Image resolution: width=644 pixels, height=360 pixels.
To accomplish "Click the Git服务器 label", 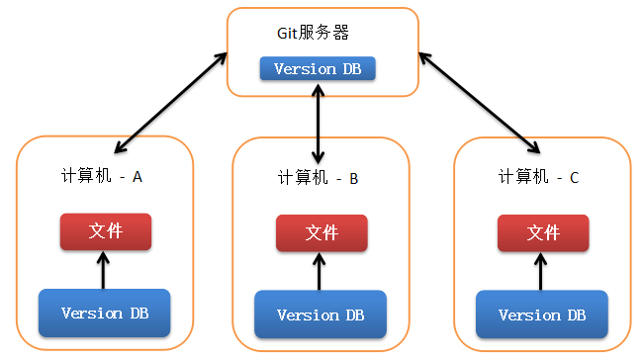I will (x=313, y=33).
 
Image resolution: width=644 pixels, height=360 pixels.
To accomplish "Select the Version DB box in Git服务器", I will (x=317, y=69).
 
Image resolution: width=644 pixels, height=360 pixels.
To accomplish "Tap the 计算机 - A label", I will (x=102, y=176).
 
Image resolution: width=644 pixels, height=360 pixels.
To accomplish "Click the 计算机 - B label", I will (x=318, y=179).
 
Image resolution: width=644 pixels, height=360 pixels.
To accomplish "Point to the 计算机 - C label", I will (x=539, y=177).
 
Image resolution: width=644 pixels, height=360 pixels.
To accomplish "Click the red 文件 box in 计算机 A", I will (x=105, y=231).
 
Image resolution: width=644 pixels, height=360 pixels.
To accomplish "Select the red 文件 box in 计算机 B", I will (x=322, y=233).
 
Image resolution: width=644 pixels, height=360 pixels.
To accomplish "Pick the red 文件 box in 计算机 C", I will (x=543, y=233).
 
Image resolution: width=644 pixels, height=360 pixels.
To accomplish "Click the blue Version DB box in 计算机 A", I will (x=105, y=314).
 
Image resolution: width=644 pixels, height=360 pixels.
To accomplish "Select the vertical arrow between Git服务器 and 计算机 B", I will (x=317, y=125).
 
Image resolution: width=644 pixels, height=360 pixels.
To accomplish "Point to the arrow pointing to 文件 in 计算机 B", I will (x=319, y=271).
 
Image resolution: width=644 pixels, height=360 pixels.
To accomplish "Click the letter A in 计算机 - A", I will (x=138, y=176).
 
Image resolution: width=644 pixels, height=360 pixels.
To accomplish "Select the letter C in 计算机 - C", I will (x=574, y=177).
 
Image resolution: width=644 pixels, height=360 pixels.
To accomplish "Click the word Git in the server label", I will (x=286, y=33).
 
